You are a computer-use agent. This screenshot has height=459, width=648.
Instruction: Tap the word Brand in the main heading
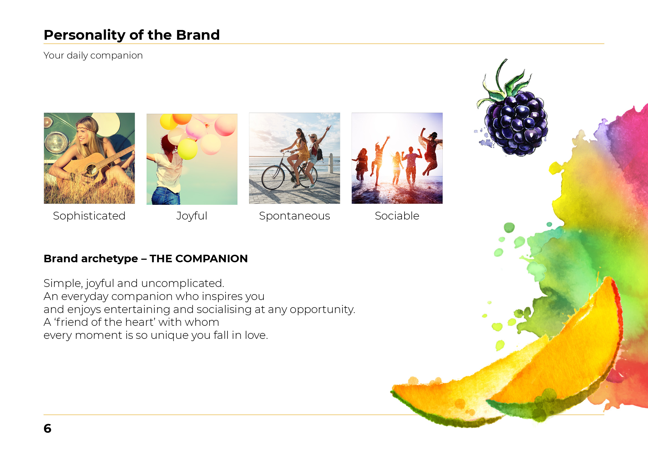pyautogui.click(x=198, y=35)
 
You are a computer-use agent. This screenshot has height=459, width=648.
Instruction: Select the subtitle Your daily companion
pyautogui.click(x=93, y=56)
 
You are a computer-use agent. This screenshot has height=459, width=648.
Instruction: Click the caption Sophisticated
pyautogui.click(x=89, y=216)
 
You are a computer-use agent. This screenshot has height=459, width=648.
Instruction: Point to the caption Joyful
pyautogui.click(x=192, y=216)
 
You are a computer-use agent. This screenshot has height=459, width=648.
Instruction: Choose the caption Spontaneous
pyautogui.click(x=294, y=216)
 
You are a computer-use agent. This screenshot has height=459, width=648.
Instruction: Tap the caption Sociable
pyautogui.click(x=397, y=216)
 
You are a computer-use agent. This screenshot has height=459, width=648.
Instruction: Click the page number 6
pyautogui.click(x=47, y=428)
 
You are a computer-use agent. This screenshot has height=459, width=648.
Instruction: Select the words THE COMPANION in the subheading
pyautogui.click(x=198, y=259)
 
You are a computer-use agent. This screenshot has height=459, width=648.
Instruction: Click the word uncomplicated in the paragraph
pyautogui.click(x=185, y=283)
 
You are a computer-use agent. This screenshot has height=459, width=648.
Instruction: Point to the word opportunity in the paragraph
pyautogui.click(x=322, y=309)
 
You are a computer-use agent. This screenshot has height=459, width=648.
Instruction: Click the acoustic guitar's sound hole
pyautogui.click(x=91, y=170)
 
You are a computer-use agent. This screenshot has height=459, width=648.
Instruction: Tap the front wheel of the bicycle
pyautogui.click(x=273, y=178)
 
